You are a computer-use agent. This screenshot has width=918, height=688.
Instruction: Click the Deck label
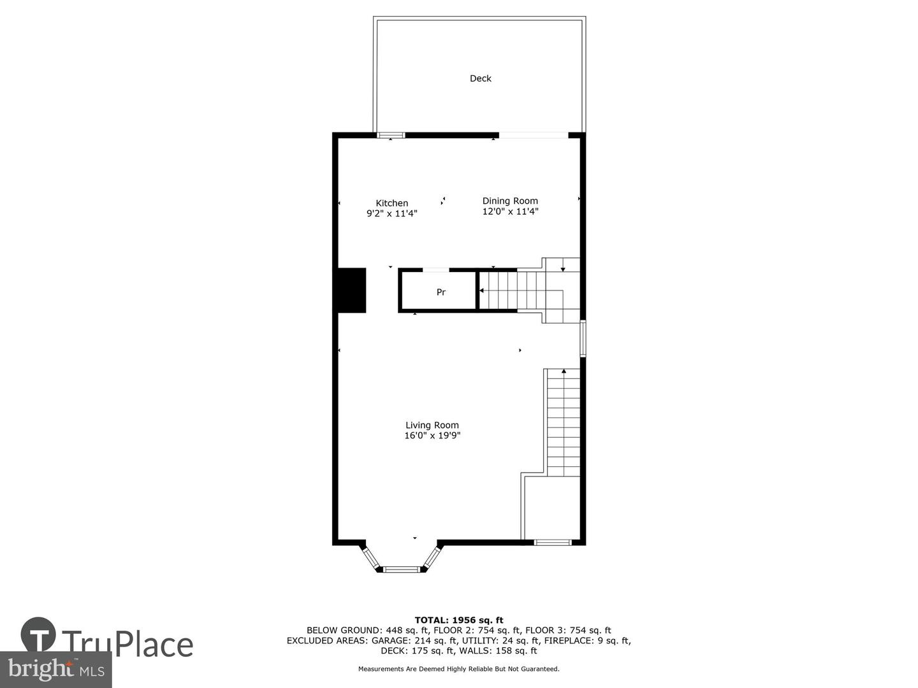(x=480, y=78)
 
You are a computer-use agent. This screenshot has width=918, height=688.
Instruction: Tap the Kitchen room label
(x=392, y=203)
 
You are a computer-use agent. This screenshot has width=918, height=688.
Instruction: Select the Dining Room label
(x=510, y=201)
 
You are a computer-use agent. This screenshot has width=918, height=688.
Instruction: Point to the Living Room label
(x=432, y=426)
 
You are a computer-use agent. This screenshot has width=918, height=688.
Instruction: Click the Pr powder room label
(x=441, y=292)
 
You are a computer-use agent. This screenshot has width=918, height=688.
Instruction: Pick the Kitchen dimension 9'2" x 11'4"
(x=392, y=213)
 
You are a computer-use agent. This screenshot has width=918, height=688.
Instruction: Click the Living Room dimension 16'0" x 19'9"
(x=432, y=436)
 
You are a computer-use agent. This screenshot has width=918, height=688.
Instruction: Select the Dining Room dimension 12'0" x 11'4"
(x=510, y=211)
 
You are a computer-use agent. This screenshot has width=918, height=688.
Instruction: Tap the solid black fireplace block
(x=349, y=290)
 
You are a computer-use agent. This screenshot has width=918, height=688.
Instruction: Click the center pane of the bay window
(x=401, y=568)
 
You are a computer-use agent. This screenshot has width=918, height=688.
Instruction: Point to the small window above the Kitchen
(x=391, y=135)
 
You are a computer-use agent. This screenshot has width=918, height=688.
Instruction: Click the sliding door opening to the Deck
(x=533, y=135)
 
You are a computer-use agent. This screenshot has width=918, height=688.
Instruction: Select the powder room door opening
(x=436, y=270)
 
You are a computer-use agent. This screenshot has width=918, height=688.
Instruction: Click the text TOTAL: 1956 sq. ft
(x=459, y=620)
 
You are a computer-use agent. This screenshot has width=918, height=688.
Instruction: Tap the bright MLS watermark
(x=55, y=670)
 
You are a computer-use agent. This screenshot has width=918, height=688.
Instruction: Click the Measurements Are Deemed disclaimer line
(x=459, y=669)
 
